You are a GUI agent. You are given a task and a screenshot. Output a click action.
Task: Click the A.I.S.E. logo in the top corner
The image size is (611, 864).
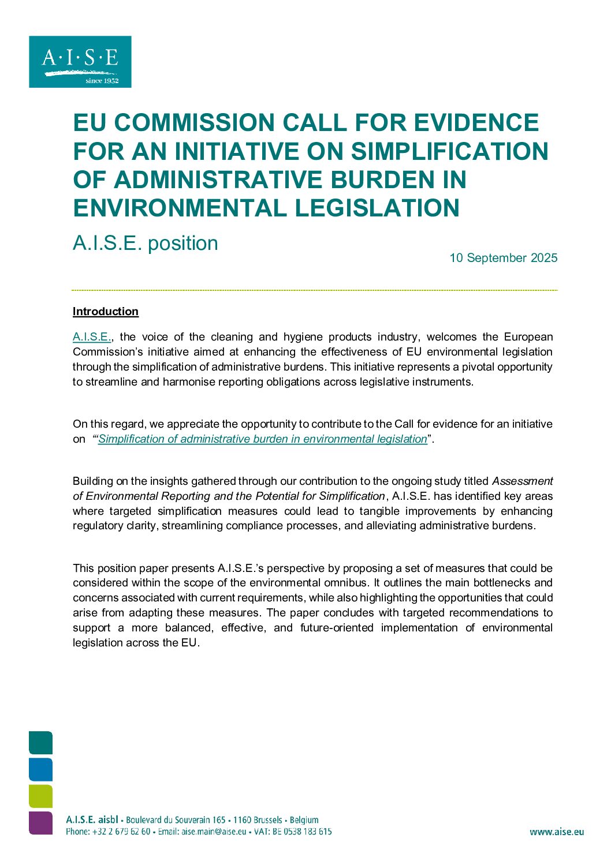tap(80, 62)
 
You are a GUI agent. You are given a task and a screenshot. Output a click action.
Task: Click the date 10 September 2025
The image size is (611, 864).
tap(503, 258)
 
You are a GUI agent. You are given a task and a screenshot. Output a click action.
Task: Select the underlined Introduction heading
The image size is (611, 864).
tap(106, 312)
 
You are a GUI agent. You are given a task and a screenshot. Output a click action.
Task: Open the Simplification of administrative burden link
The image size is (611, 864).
tap(262, 439)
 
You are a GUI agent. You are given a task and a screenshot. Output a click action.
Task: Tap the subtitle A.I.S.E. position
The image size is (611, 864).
tap(146, 243)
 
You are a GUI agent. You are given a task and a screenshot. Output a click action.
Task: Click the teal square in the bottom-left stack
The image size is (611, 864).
tap(40, 743)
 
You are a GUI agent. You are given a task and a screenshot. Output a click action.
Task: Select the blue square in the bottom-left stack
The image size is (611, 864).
tap(40, 770)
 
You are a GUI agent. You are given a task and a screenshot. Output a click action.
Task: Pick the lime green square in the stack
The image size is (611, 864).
tap(40, 796)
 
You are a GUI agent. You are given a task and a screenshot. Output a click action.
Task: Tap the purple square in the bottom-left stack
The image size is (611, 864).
tap(40, 823)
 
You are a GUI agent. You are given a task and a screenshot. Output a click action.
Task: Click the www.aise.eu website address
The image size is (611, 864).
tap(556, 832)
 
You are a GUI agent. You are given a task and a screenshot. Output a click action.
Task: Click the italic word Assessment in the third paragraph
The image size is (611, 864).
tap(522, 481)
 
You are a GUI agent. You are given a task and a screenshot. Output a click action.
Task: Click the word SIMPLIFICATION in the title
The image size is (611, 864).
tap(449, 151)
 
